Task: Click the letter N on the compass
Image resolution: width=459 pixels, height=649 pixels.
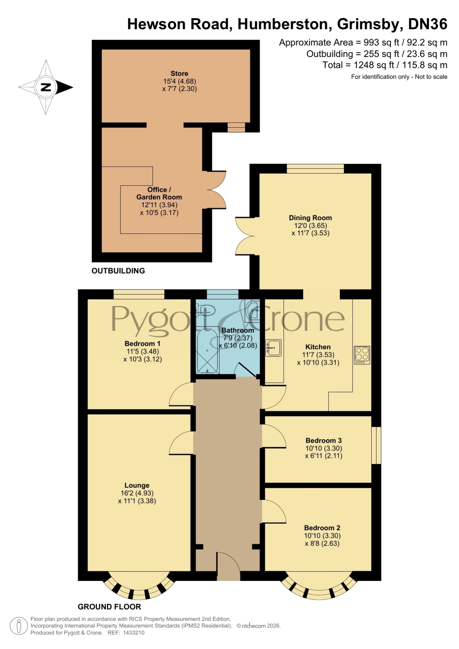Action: (45, 87)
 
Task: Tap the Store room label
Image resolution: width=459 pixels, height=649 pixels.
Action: (179, 73)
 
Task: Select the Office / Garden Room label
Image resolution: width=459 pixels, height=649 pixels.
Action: (159, 193)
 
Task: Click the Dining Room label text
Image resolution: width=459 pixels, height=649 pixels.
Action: (310, 218)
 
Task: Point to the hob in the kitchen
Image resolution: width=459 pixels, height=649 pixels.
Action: (362, 355)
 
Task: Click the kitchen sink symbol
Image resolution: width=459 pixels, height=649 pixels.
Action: (273, 348)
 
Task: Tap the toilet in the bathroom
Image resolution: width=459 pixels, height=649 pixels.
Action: (206, 310)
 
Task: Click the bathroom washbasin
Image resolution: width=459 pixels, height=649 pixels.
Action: (253, 310)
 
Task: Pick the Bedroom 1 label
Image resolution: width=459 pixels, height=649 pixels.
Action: (142, 343)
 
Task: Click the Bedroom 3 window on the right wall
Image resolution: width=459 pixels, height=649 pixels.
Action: (376, 445)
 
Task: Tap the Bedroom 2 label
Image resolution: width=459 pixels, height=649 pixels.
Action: (322, 528)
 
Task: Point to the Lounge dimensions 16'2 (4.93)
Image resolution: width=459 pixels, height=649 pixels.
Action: (137, 493)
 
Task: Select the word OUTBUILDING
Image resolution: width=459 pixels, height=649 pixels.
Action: (118, 271)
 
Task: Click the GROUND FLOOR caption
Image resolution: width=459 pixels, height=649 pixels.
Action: (109, 607)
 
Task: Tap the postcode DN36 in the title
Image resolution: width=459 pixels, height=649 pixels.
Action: (428, 24)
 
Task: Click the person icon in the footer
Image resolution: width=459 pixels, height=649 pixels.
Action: (18, 626)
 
